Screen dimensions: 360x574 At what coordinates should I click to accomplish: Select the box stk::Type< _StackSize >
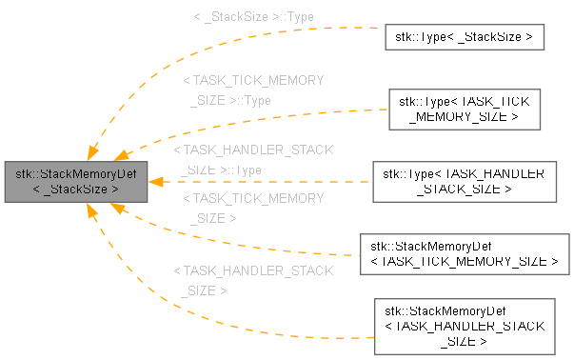coord(465,38)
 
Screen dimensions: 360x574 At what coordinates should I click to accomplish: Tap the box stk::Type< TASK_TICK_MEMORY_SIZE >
coord(465,108)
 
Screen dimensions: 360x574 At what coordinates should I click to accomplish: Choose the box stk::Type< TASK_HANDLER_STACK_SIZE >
coord(465,182)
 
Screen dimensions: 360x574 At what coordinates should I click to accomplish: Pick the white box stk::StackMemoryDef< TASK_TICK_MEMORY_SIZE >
coord(465,252)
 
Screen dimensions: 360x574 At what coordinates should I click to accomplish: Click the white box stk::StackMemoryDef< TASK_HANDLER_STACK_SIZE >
coord(465,325)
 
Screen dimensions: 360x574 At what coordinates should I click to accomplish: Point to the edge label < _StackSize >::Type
coord(253,16)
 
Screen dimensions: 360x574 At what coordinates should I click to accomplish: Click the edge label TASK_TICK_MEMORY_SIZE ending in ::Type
coord(253,90)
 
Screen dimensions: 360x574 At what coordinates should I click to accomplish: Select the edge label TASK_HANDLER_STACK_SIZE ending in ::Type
coord(253,160)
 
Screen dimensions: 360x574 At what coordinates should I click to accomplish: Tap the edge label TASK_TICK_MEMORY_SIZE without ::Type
coord(253,208)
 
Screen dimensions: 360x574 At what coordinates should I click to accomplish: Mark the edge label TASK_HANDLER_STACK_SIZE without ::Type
coord(253,280)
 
